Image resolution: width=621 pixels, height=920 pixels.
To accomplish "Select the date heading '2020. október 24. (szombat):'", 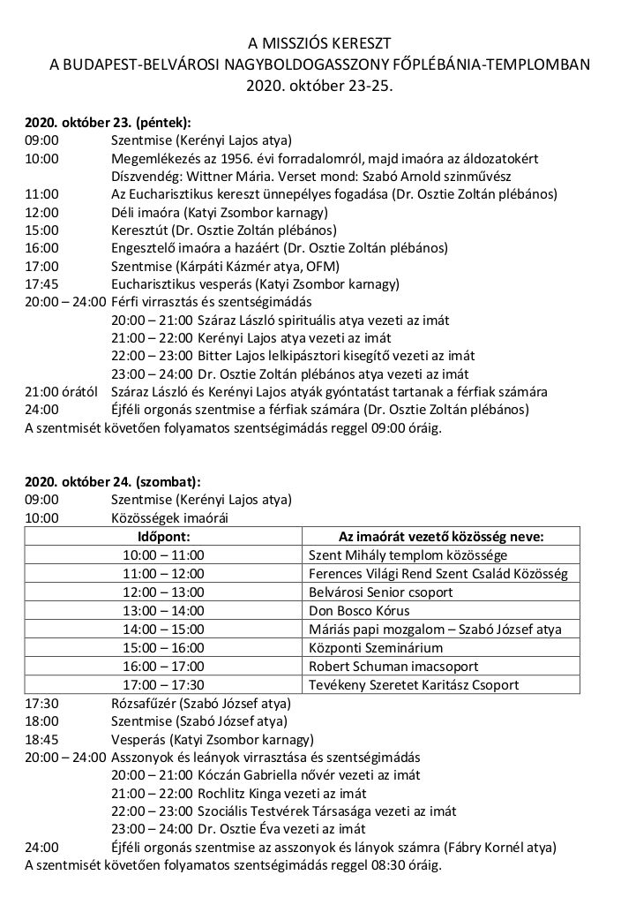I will coord(112,483).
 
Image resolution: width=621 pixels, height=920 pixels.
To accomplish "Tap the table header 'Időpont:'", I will coord(164,536).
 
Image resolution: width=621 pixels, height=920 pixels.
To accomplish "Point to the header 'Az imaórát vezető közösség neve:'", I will coord(441,536).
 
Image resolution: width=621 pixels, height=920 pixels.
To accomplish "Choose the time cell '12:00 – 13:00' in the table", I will coord(163,592).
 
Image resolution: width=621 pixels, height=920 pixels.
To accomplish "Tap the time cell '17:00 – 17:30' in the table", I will coord(163,684).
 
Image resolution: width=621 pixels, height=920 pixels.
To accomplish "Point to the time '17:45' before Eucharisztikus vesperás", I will coord(41,284).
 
